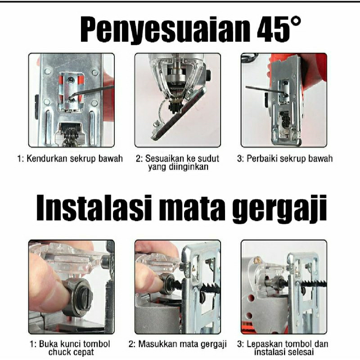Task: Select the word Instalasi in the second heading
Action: click(94, 208)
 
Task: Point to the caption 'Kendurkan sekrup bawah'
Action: click(70, 159)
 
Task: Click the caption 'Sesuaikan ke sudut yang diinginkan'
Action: click(177, 162)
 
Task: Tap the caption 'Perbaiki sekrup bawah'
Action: click(285, 159)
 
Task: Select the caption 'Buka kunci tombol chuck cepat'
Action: click(70, 348)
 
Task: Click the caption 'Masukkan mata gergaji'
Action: click(177, 344)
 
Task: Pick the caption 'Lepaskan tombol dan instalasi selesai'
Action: click(283, 348)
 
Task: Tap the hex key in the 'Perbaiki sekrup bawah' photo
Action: click(266, 90)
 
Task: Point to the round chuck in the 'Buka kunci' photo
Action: click(77, 297)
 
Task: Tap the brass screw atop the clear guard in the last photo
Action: click(258, 260)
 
